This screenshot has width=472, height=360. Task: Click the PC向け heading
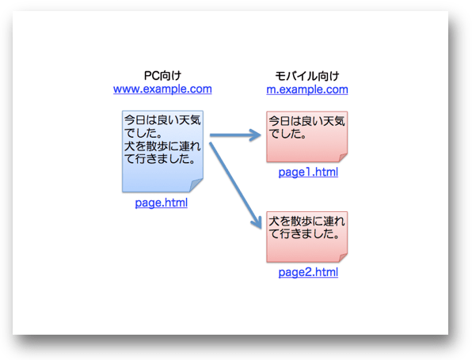coord(162,75)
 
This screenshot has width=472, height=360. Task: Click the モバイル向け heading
coord(307,76)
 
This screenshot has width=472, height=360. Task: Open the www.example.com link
coord(162,89)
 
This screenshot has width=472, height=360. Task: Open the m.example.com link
coord(307,89)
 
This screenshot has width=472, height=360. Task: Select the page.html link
coord(162,203)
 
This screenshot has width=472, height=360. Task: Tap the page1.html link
coord(308,172)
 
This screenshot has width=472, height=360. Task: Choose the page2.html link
coord(308,272)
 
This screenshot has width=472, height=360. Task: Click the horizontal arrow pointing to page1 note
coord(235,135)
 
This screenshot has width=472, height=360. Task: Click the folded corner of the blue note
coord(196,184)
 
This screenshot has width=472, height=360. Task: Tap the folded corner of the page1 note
coord(343,157)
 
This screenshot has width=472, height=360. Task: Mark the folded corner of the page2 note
coord(343,258)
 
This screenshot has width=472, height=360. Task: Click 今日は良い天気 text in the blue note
coord(162,120)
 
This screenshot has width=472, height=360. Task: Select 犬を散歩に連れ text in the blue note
coord(162,146)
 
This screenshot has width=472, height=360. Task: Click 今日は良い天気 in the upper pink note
coord(306,121)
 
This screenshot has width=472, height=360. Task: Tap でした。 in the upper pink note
coord(287,134)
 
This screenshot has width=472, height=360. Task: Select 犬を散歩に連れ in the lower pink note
coord(306,222)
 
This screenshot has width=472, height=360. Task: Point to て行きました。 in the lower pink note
coord(305,233)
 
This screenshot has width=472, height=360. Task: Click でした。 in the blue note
coord(143,133)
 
